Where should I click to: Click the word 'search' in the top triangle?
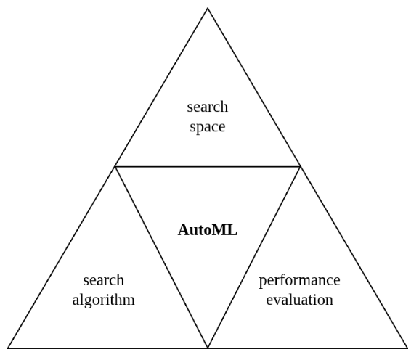208,107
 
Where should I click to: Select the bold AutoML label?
208,231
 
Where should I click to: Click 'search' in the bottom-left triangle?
103,280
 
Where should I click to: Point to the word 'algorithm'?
103,299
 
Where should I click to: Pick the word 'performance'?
299,280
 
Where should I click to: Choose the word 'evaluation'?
299,299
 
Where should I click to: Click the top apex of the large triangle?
208,8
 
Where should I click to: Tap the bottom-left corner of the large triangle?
8,348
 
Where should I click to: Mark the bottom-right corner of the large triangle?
407,348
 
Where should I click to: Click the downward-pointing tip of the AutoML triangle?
208,348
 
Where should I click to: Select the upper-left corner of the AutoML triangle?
115,166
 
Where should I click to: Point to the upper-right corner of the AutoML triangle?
301,166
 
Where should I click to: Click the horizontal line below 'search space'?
208,166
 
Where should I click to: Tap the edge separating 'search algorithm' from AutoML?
161,257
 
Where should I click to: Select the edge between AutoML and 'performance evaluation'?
254,257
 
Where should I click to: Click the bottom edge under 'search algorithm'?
107,348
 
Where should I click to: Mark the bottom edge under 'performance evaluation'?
308,348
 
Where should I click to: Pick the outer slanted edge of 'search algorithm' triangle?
62,257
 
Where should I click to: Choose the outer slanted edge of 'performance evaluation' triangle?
354,257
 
